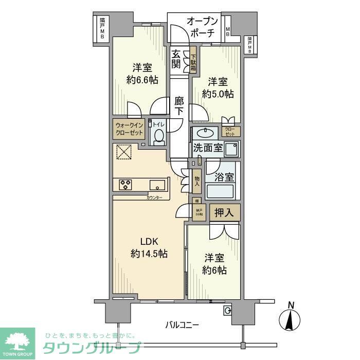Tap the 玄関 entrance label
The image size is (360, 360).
[x=176, y=59]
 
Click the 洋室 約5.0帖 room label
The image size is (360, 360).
[x=218, y=87]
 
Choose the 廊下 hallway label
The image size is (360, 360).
[x=178, y=106]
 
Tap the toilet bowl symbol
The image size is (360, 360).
[x=159, y=137]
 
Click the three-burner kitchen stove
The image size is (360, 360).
[x=127, y=184]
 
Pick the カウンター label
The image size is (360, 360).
[x=154, y=198]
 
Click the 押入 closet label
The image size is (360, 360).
[x=224, y=212]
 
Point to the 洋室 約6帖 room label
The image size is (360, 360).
[x=214, y=264]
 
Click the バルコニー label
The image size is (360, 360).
[x=182, y=325]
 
